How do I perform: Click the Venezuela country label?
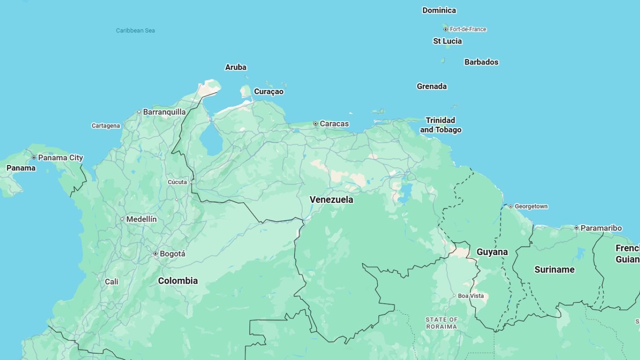(x=331, y=200)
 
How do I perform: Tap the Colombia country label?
(x=178, y=281)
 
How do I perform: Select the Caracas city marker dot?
(x=315, y=124)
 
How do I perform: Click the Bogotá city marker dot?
(x=155, y=254)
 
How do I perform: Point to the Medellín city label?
(x=141, y=219)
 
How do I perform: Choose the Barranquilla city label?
(x=164, y=112)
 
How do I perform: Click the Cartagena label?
(x=105, y=126)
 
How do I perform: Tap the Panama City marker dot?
(x=34, y=158)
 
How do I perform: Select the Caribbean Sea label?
(x=135, y=30)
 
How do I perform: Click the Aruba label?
(x=236, y=67)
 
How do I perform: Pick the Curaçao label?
(x=269, y=91)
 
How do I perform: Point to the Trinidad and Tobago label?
(x=441, y=125)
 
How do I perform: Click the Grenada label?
(x=432, y=86)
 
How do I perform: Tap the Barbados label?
(x=481, y=62)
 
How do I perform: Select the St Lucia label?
(x=448, y=41)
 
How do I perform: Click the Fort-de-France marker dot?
(x=445, y=29)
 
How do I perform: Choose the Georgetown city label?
(x=531, y=206)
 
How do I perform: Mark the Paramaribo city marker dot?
(x=576, y=228)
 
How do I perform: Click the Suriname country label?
(x=554, y=270)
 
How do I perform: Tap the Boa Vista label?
(x=471, y=296)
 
